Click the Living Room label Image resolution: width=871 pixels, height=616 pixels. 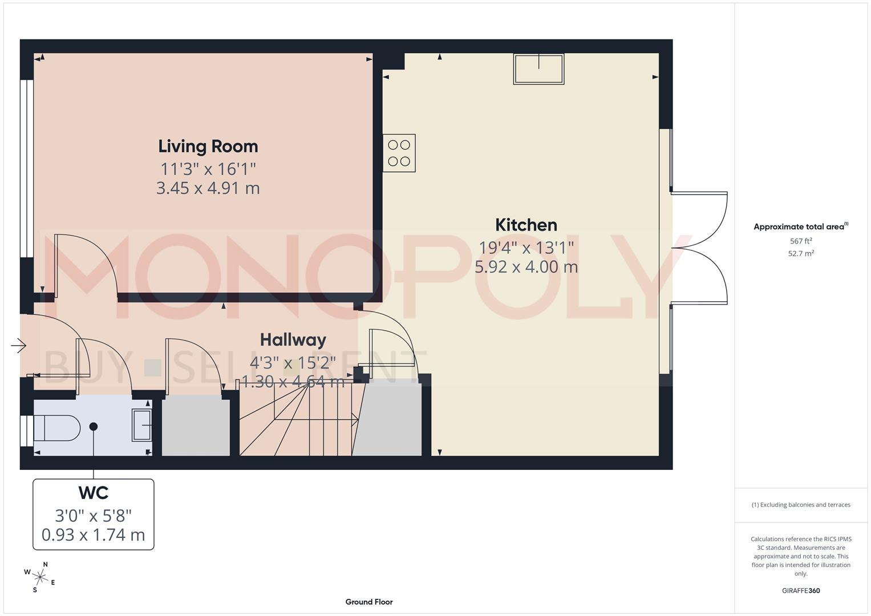[208, 147]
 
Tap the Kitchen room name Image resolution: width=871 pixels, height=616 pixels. [526, 225]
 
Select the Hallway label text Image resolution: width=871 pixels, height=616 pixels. [293, 340]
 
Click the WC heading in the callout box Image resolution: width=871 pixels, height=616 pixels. [94, 493]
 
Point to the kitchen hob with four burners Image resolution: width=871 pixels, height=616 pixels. [399, 153]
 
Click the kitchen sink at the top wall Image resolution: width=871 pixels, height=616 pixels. [538, 69]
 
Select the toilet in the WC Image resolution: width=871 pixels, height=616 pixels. [56, 428]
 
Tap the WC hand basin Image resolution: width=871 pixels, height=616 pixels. [142, 425]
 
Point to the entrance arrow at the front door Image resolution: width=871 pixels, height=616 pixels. [19, 346]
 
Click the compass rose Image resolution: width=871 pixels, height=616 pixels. [40, 577]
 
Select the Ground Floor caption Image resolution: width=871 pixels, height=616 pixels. [369, 602]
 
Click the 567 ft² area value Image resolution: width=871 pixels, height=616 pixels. [801, 241]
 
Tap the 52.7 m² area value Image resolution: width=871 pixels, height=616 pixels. [801, 254]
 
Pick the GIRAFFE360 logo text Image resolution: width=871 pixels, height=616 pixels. [801, 591]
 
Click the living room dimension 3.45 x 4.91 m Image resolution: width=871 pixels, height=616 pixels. [208, 188]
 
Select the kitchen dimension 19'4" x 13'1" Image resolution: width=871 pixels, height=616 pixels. [526, 248]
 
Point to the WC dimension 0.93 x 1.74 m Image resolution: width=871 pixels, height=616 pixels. [94, 535]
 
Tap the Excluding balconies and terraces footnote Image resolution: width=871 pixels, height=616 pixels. [801, 505]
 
